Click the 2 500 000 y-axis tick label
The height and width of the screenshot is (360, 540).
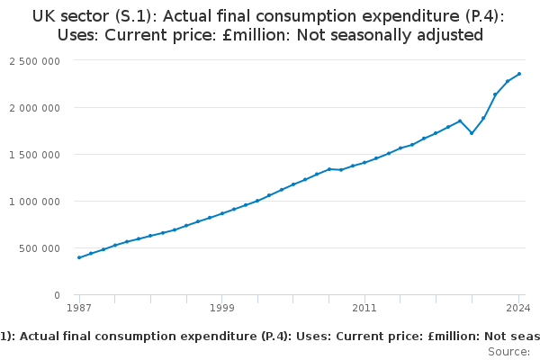tap(35, 60)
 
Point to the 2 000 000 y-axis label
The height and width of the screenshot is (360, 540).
tap(35, 107)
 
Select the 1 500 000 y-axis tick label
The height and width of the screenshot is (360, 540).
tap(35, 154)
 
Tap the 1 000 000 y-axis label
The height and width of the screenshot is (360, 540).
tap(35, 201)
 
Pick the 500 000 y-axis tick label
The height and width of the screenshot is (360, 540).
tap(40, 247)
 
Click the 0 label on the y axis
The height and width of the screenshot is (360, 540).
tap(57, 294)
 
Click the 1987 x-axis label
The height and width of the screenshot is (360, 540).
tap(79, 309)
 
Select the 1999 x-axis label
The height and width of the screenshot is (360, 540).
tap(222, 309)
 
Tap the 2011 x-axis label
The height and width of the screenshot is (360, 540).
tap(364, 309)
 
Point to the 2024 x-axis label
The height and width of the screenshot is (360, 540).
tap(519, 309)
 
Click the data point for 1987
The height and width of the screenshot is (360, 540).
tap(79, 257)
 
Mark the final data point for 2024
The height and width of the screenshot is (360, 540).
tap(519, 74)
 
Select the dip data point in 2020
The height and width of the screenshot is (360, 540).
tap(472, 133)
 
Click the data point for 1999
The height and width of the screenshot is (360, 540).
tap(222, 213)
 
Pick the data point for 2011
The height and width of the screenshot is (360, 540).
tap(364, 162)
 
